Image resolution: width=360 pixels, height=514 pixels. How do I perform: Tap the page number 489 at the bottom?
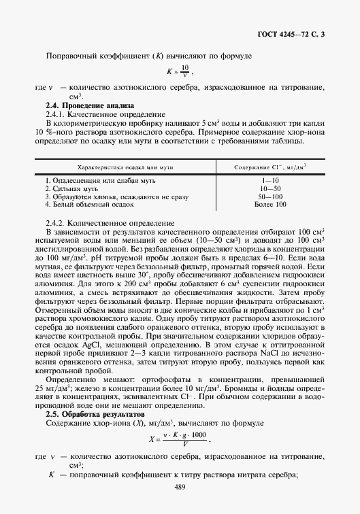[x=180, y=486]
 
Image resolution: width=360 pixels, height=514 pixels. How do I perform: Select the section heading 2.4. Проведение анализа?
[x=89, y=105]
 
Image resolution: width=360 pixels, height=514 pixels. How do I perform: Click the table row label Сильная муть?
[x=71, y=188]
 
